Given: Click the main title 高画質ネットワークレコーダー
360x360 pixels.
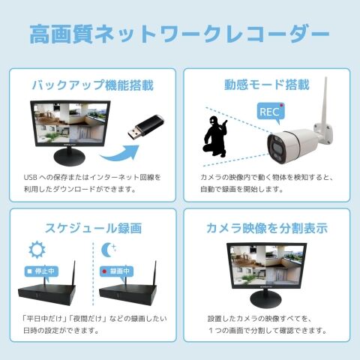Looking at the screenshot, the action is [x=179, y=34].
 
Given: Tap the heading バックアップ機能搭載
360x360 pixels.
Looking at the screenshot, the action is [x=93, y=85].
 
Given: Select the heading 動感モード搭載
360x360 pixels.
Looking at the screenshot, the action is [x=267, y=85].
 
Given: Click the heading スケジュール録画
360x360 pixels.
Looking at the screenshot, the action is [x=93, y=228].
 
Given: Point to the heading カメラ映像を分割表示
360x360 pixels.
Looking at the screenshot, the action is [x=267, y=228].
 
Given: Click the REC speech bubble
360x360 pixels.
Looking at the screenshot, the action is [x=271, y=112].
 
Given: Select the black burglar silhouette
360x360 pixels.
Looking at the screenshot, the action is [x=215, y=136].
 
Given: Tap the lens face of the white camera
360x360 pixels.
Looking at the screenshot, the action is [x=275, y=148].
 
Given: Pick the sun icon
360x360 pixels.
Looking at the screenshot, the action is [x=37, y=250].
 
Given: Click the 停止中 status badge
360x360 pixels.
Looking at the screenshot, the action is [x=41, y=271].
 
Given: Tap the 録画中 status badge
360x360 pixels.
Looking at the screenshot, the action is [x=116, y=271].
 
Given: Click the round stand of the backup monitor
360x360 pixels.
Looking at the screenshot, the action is [x=70, y=157].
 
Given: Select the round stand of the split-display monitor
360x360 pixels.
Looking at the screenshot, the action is [x=266, y=299].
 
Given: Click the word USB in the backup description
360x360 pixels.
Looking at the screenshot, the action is [x=31, y=178].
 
